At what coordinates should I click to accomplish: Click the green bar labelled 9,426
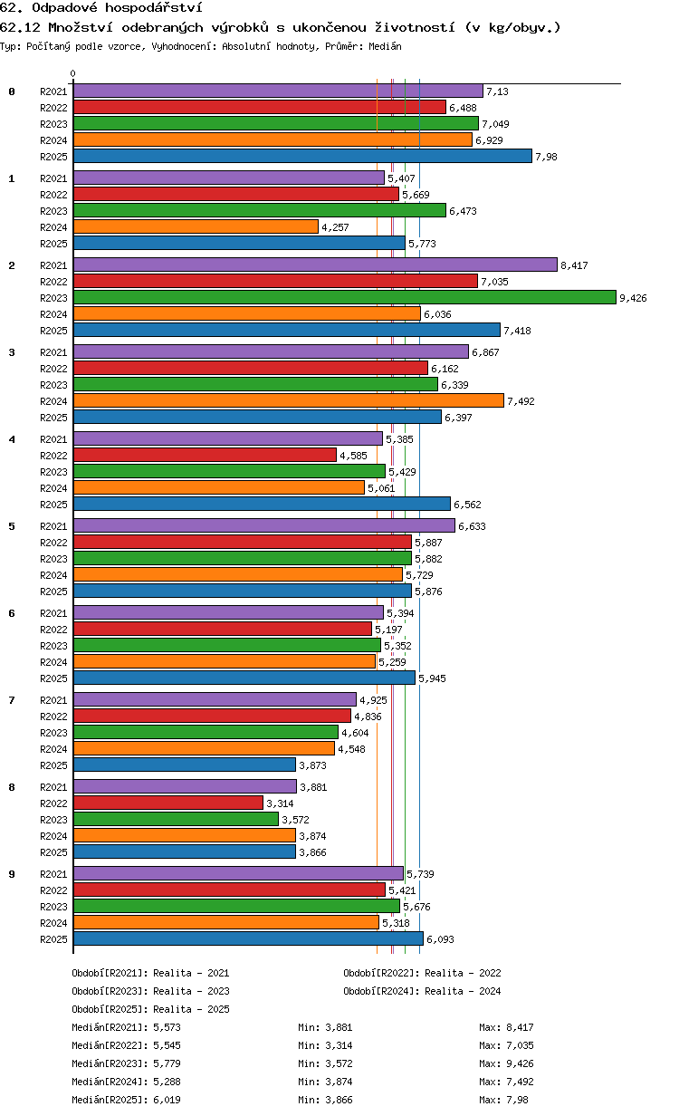(344, 297)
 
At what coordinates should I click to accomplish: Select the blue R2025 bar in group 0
(302, 156)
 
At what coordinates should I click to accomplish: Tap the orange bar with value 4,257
(196, 226)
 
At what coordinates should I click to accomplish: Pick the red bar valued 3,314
(168, 803)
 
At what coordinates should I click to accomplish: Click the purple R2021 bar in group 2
(315, 265)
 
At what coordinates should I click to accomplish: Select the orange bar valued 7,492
(289, 400)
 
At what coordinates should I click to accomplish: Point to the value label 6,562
(467, 505)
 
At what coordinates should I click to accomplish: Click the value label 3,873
(312, 765)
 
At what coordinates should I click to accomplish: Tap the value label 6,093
(440, 939)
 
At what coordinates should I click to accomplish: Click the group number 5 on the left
(12, 526)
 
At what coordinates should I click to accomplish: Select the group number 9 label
(12, 874)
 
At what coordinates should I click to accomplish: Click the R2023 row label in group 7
(53, 732)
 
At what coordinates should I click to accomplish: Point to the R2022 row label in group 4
(53, 456)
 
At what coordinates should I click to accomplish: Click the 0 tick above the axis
(73, 73)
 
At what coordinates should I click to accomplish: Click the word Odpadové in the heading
(64, 7)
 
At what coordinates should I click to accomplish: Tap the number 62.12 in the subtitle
(20, 27)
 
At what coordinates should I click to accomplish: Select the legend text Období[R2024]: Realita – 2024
(422, 991)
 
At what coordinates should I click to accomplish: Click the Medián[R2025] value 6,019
(167, 1100)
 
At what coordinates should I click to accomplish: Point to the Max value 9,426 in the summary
(520, 1063)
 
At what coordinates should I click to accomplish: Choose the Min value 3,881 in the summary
(339, 1027)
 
